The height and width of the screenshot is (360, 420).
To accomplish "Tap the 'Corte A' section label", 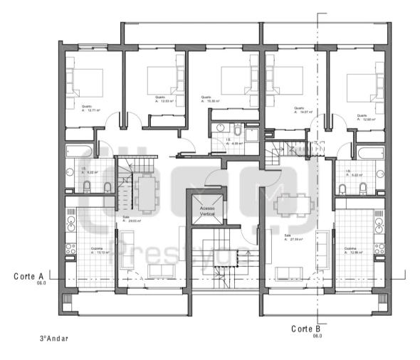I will pos(28,275).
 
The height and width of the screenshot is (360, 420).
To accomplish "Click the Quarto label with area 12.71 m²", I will pos(91,109).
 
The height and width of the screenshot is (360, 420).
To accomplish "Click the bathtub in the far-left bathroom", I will pos(78,152).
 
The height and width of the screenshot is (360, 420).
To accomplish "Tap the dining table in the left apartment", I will pos(147,192).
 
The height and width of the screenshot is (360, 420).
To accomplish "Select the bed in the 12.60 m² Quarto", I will pos(364,84).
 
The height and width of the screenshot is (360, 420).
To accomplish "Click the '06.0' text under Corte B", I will pos(317,336).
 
